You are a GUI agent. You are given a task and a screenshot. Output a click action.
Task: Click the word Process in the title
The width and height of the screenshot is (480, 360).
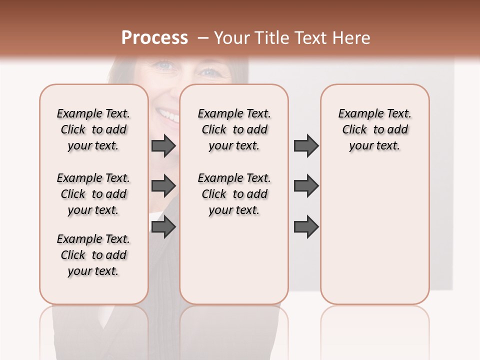154,38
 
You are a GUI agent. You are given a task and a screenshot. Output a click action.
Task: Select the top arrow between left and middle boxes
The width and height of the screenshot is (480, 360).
163,145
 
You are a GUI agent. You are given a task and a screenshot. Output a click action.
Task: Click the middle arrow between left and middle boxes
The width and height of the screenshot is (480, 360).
163,186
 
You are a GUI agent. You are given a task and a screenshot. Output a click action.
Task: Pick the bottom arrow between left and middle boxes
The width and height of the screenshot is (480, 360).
163,227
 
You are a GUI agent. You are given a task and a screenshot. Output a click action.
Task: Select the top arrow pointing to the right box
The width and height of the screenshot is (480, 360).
306,145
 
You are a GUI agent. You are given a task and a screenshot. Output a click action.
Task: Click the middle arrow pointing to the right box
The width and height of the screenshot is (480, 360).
306,186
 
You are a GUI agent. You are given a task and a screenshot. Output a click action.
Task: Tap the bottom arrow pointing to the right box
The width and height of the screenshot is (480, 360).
306,227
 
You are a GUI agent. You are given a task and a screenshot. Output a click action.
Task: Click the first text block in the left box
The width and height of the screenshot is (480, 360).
93,129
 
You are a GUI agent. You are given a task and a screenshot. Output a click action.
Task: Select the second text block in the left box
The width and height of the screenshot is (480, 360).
93,194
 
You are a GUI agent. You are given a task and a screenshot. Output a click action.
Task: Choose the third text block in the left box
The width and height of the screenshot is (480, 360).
93,255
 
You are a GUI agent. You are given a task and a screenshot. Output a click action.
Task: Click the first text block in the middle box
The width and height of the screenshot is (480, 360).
234,129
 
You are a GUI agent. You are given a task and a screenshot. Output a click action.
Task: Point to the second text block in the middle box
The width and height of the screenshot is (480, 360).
234,194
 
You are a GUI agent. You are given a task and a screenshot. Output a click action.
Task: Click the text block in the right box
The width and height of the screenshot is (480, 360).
374,129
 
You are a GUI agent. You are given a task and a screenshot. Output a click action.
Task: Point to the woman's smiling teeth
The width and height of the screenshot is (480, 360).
168,116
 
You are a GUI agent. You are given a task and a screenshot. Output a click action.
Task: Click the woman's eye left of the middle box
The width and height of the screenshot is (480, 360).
164,65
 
